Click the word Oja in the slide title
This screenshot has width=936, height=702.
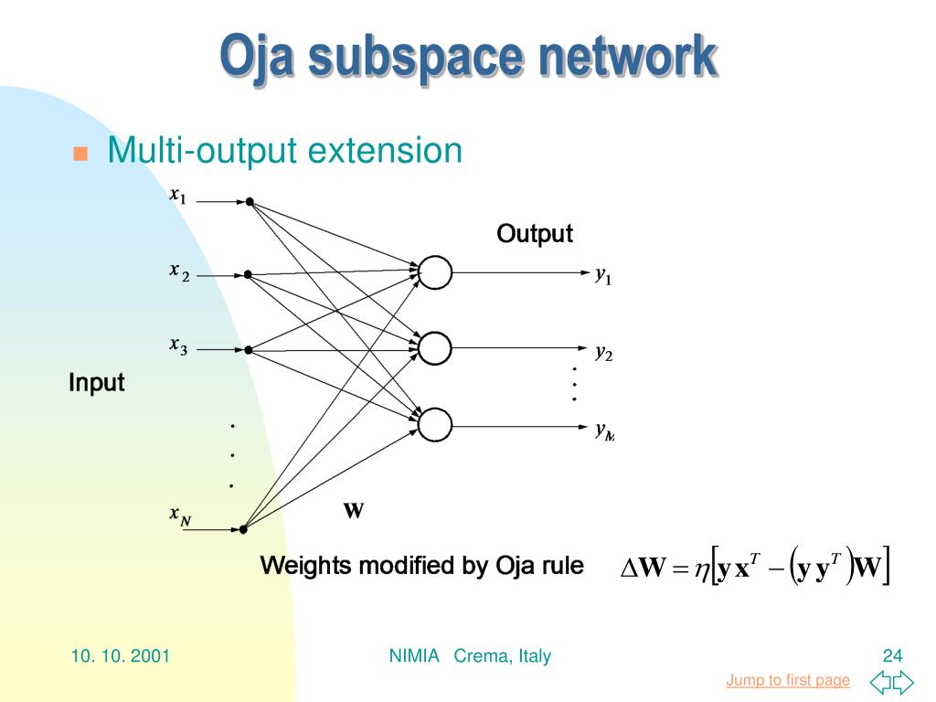[x=258, y=57]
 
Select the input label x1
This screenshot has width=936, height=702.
[x=177, y=196]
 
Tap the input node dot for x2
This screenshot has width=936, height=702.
[x=248, y=274]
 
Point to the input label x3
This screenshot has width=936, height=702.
[x=178, y=346]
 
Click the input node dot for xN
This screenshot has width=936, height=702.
[x=244, y=528]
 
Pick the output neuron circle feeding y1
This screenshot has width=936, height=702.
[x=435, y=271]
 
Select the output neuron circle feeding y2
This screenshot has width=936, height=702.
[x=435, y=347]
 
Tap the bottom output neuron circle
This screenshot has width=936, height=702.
[x=435, y=423]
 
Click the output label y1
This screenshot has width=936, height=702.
[x=603, y=274]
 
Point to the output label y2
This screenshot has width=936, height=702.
[x=603, y=351]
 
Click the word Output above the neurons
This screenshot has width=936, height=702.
[x=535, y=234]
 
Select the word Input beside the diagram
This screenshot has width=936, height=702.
[x=96, y=382]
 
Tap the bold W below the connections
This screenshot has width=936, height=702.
[x=354, y=510]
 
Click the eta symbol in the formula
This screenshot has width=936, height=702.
[x=701, y=569]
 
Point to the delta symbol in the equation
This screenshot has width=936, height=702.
[x=628, y=569]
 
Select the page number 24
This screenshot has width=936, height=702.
[x=892, y=655]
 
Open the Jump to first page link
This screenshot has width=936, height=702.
[x=788, y=680]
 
